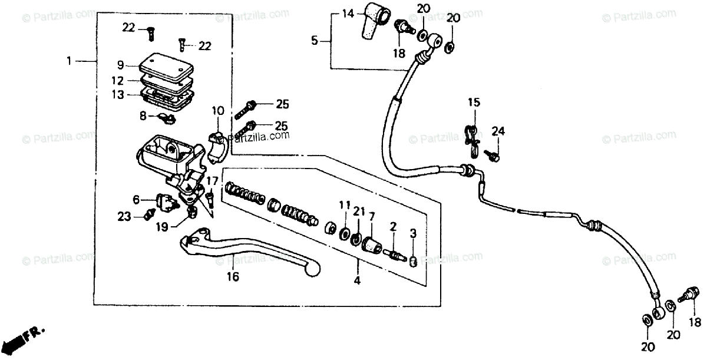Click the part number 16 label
(x=233, y=276)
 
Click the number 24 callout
(x=498, y=130)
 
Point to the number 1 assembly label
(x=70, y=61)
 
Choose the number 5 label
(x=315, y=41)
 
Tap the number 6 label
(x=136, y=200)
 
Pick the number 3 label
(x=414, y=235)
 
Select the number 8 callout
(x=143, y=116)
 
